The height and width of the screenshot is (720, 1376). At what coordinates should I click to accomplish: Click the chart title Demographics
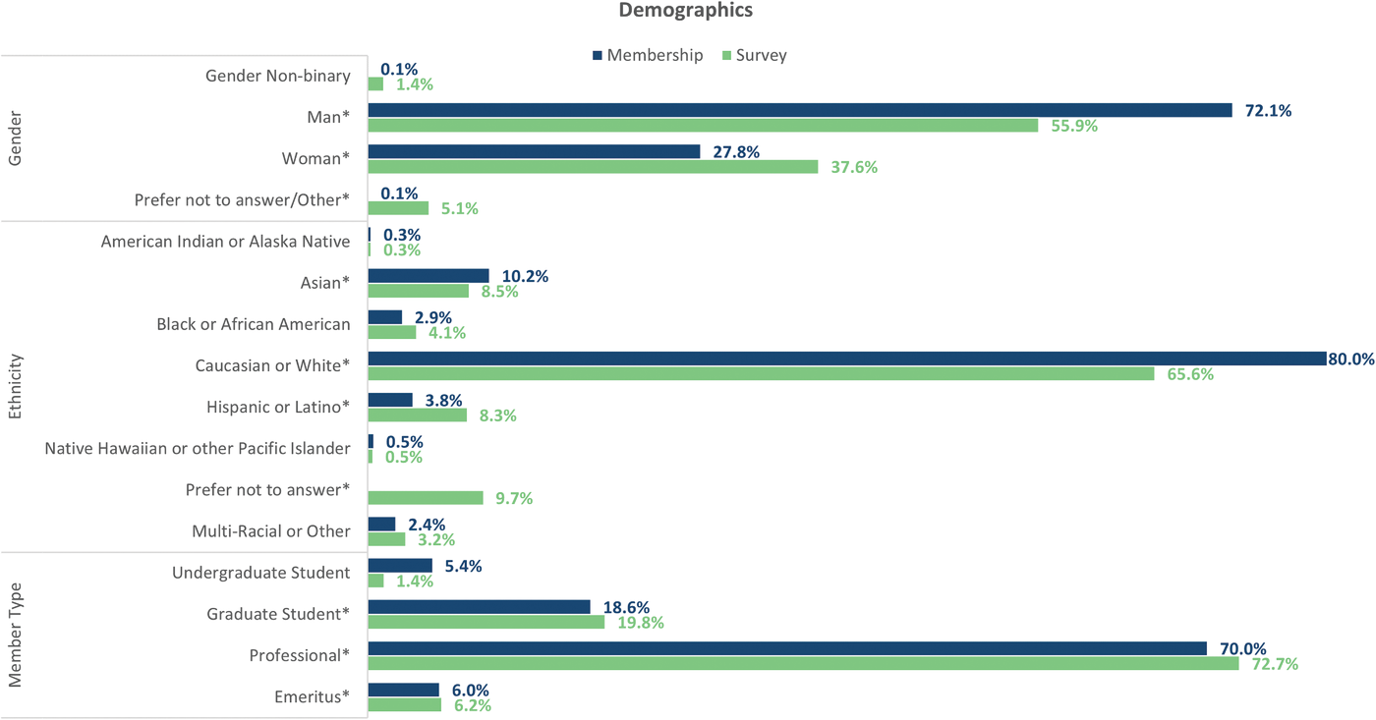point(686,11)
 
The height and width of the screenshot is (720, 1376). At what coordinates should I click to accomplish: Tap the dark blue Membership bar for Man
point(799,110)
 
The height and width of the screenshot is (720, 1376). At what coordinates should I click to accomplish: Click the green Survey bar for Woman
point(593,167)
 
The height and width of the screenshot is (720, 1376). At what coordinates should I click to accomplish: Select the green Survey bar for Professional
point(803,664)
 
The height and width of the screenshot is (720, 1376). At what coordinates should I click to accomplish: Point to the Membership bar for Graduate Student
point(479,607)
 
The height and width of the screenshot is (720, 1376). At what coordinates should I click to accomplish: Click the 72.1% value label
point(1268,111)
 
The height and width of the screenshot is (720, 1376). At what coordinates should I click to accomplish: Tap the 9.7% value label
point(514,499)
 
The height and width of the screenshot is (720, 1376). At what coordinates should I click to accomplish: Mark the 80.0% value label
point(1350,360)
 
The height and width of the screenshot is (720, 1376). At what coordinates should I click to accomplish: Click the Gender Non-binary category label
point(277,76)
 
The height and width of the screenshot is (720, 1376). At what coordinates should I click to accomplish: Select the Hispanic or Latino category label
point(278,407)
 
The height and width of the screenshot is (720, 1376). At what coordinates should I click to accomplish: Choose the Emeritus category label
point(312,697)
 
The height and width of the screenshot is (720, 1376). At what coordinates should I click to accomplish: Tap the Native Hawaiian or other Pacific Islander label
point(198,448)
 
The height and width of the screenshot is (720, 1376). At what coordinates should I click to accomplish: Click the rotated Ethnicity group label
point(15,386)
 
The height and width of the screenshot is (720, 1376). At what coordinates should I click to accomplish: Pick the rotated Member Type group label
point(15,635)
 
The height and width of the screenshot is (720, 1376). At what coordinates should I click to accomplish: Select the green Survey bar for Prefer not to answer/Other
point(398,208)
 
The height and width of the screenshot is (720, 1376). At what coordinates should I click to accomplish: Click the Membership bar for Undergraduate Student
point(400,566)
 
